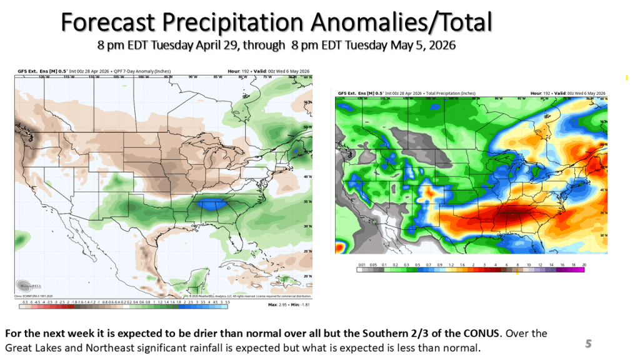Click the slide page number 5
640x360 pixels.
click(588, 343)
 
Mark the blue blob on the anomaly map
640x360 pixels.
click(212, 204)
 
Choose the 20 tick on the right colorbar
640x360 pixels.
click(583, 265)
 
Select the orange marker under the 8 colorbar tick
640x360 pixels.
click(517, 272)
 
